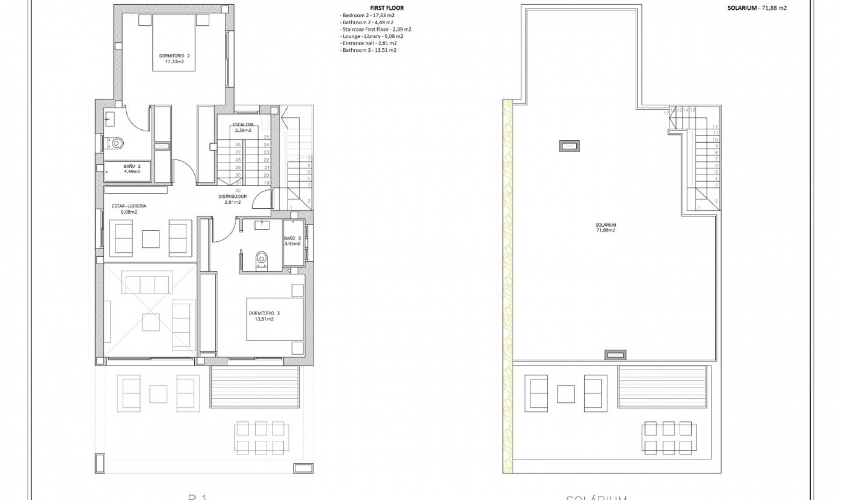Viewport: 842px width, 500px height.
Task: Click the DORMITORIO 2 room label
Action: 174,59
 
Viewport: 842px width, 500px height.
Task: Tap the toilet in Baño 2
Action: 116,143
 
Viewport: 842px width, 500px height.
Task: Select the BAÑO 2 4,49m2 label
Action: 132,169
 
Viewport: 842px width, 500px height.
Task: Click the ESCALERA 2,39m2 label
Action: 243,127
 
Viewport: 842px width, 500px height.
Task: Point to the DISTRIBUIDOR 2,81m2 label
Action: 232,199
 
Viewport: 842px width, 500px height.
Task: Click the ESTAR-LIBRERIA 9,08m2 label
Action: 129,209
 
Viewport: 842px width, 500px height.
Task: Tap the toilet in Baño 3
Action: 262,258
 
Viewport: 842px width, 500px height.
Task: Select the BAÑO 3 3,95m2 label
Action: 293,241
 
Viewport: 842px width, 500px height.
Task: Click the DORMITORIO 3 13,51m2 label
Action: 264,316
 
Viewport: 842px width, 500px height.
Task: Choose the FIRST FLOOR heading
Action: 387,8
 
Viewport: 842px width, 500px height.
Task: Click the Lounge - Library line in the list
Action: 371,36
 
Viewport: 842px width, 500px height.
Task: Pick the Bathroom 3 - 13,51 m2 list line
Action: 368,50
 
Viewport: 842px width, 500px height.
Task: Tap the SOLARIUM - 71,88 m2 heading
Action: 757,8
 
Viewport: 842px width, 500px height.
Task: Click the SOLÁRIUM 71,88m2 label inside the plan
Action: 606,227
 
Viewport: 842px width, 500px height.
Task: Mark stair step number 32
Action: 238,190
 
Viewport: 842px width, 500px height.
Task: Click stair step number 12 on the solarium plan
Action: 715,126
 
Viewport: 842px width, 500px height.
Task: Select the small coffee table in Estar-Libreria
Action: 150,239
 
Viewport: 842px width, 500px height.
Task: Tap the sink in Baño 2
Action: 110,117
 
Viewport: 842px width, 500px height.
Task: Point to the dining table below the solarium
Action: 668,437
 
